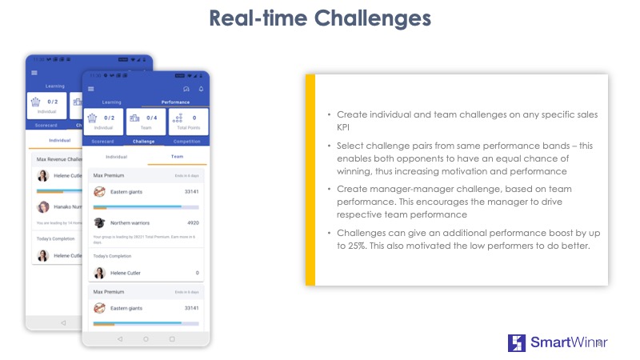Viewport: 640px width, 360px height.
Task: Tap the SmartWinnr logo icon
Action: point(517,343)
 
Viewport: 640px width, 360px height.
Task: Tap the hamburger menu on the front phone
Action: point(91,89)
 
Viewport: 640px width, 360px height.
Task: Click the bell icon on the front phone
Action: point(201,89)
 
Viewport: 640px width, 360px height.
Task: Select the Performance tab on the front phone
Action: point(175,102)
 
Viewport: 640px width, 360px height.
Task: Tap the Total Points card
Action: point(189,122)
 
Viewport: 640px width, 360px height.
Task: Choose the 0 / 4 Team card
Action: point(146,122)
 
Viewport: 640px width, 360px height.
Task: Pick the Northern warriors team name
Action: point(133,223)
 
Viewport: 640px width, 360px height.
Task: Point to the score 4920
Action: point(192,223)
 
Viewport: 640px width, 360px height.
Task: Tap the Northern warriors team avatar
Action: point(100,223)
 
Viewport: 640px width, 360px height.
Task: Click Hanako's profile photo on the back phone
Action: point(43,206)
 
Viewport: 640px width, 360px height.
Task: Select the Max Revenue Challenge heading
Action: point(59,158)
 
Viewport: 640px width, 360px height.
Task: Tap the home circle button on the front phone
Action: point(146,338)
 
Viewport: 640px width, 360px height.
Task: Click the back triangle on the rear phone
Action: point(63,322)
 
